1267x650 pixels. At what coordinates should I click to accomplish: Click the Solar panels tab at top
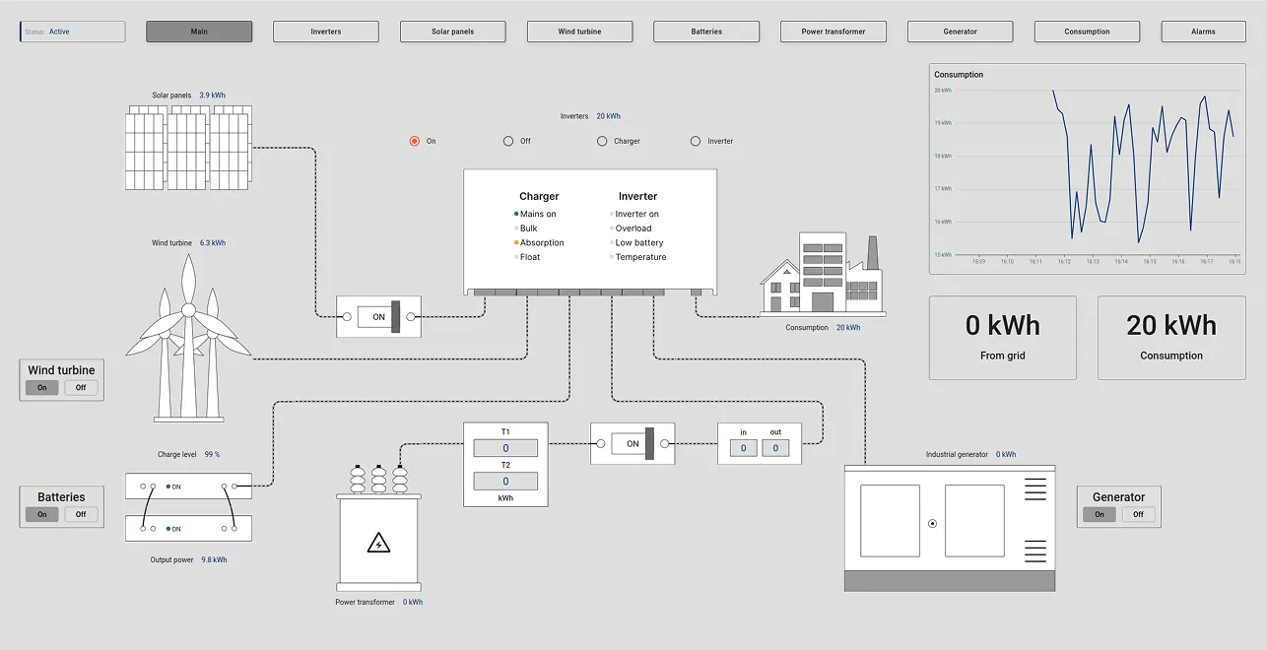click(x=452, y=32)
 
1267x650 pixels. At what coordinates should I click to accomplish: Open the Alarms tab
click(x=1203, y=32)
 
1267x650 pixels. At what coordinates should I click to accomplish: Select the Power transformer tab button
click(x=833, y=32)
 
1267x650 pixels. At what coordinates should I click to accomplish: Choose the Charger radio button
click(x=602, y=141)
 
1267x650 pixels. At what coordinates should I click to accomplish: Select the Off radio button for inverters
click(x=508, y=141)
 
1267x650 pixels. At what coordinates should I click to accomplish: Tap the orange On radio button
click(x=415, y=141)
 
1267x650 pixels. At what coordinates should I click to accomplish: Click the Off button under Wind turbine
click(x=81, y=388)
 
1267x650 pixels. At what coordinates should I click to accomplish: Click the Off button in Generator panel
click(x=1138, y=514)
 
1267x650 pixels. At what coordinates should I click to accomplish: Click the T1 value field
click(x=505, y=448)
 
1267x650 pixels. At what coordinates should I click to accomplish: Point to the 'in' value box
click(x=743, y=448)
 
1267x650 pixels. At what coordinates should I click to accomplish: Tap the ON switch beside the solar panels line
click(x=378, y=317)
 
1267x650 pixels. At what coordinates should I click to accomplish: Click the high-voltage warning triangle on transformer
click(x=378, y=543)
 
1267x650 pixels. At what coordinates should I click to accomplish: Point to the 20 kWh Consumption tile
click(x=1171, y=338)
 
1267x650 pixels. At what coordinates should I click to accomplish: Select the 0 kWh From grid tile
click(x=1002, y=338)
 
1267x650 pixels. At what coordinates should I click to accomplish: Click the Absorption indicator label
click(x=542, y=242)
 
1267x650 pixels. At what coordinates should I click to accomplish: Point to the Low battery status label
click(x=638, y=242)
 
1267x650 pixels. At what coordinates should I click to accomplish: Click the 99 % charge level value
click(x=212, y=455)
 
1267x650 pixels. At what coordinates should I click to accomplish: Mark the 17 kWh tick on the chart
click(x=943, y=188)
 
